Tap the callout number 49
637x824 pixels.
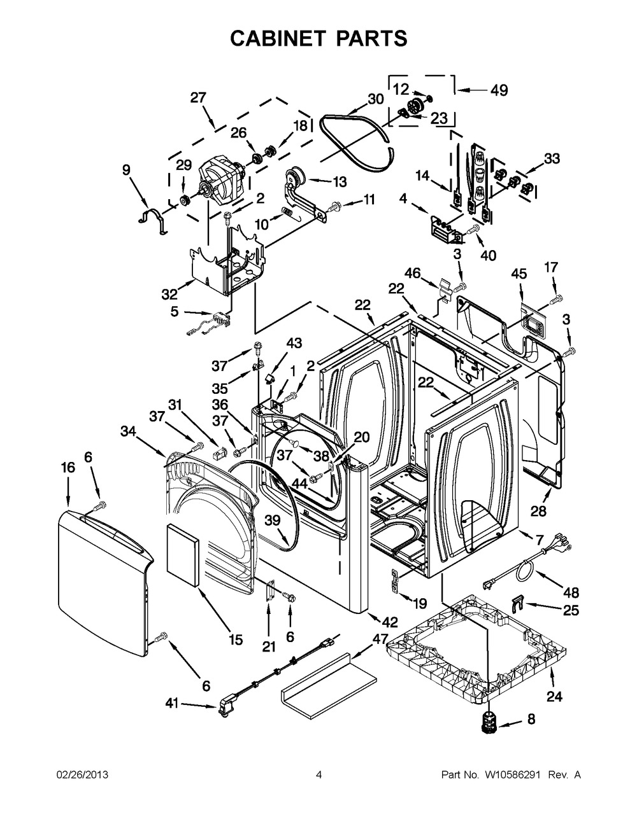tap(499, 90)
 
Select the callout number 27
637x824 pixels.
tap(198, 98)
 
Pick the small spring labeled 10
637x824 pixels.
tap(289, 213)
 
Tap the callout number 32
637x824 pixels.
tap(169, 294)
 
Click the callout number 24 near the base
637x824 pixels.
tap(554, 696)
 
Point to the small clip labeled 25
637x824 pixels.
tap(517, 602)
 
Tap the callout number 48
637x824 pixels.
tap(571, 592)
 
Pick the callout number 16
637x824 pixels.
tap(68, 468)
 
